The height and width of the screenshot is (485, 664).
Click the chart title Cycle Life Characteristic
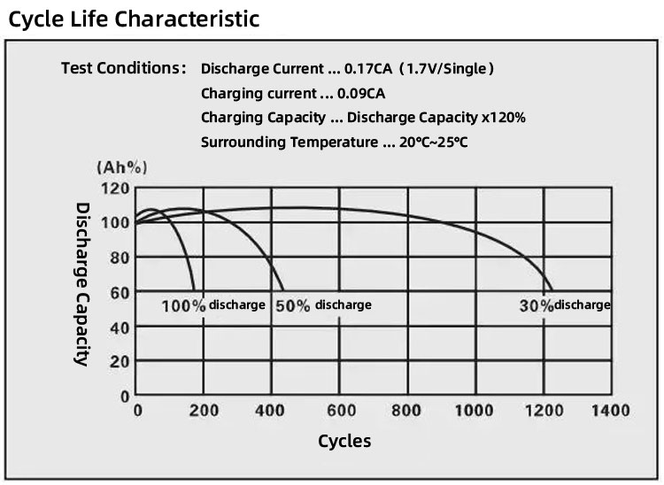click(135, 19)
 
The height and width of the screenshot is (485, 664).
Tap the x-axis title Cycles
click(344, 441)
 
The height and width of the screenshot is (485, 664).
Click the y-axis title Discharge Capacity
click(81, 283)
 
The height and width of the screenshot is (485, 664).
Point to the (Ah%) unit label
click(121, 167)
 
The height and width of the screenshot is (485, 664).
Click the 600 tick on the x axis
click(341, 411)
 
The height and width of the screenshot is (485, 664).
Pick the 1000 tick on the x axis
click(475, 411)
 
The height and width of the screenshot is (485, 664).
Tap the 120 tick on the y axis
click(116, 188)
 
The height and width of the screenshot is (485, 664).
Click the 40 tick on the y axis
click(120, 327)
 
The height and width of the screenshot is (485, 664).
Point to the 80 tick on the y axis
click(120, 258)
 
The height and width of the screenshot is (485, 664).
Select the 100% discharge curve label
click(212, 304)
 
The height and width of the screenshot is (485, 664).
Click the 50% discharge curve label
click(323, 304)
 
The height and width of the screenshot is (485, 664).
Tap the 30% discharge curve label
click(564, 304)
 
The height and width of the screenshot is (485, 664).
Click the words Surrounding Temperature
click(289, 142)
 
